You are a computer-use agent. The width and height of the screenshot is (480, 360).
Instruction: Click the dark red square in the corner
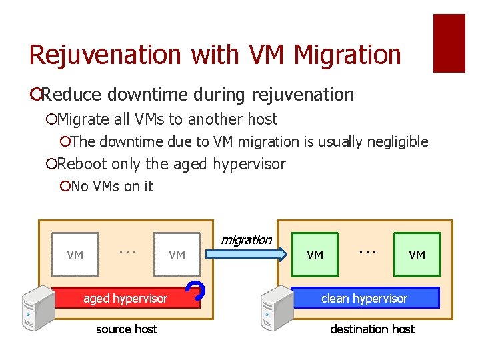pyautogui.click(x=449, y=43)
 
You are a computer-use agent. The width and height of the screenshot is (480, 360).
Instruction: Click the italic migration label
pyautogui.click(x=246, y=239)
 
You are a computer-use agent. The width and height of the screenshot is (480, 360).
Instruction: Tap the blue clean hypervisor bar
pyautogui.click(x=364, y=298)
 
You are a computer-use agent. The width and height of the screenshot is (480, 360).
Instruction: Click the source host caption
pyautogui.click(x=127, y=329)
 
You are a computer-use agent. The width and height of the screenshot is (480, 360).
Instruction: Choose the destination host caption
pyautogui.click(x=372, y=329)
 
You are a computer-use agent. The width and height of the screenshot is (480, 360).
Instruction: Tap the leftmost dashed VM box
pyautogui.click(x=75, y=254)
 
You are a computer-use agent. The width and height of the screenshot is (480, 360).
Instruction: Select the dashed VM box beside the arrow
pyautogui.click(x=177, y=254)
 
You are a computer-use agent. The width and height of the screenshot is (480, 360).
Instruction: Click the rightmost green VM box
pyautogui.click(x=417, y=254)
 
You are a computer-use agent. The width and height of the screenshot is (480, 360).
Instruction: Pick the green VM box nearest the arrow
pyautogui.click(x=315, y=254)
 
